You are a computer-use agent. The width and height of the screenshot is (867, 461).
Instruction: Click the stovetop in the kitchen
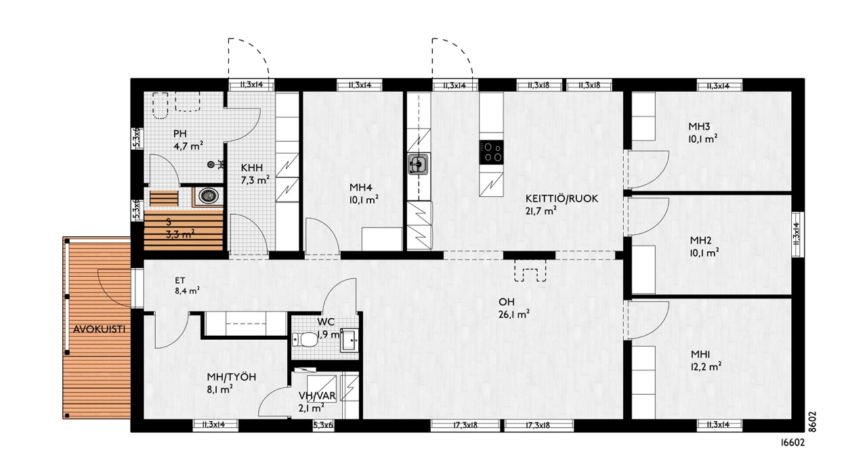pos(492,152)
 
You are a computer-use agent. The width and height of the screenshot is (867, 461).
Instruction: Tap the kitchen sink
pos(419,164)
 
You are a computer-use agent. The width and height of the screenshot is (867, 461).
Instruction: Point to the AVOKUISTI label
pos(99,329)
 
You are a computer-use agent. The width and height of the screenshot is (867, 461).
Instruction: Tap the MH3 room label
pos(699,127)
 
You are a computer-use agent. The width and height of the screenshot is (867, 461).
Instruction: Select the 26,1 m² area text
pos(513,314)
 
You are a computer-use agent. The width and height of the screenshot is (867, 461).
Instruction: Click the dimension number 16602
pos(792,443)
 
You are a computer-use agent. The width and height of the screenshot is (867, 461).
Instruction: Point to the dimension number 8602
pos(812,422)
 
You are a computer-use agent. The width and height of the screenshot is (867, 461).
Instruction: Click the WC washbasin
pos(350,341)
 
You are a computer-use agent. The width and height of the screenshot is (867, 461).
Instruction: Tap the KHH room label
pos(251,168)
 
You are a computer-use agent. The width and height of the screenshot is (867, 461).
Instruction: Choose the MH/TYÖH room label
pos(232,377)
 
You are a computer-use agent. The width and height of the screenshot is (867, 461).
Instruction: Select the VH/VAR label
pos(317,395)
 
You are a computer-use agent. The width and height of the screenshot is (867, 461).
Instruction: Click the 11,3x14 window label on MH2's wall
pos(796,234)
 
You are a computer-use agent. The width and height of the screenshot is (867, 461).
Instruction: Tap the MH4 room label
pos(361,188)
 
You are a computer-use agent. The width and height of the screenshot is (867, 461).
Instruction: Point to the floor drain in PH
pos(211,164)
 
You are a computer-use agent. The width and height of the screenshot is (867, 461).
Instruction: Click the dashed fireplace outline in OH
pos(530,270)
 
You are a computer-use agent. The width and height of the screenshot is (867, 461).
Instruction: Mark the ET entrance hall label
pos(180,280)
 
